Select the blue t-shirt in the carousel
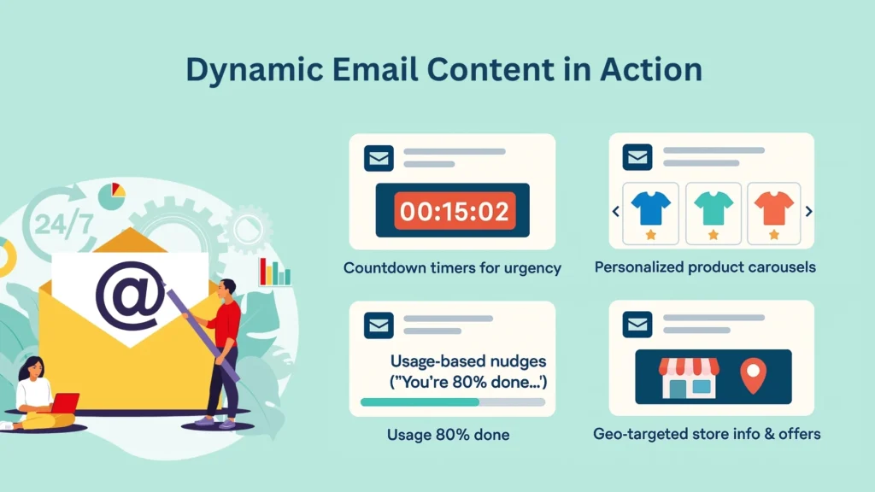click(650, 207)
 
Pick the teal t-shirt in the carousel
click(713, 207)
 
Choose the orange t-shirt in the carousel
click(774, 207)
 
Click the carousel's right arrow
click(809, 212)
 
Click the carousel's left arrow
click(615, 212)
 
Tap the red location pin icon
click(753, 377)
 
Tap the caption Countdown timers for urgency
click(452, 268)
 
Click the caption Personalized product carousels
click(705, 267)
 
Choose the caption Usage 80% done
click(448, 435)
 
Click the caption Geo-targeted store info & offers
click(707, 434)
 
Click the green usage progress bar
click(420, 401)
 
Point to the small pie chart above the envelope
click(111, 195)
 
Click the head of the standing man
click(226, 288)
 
